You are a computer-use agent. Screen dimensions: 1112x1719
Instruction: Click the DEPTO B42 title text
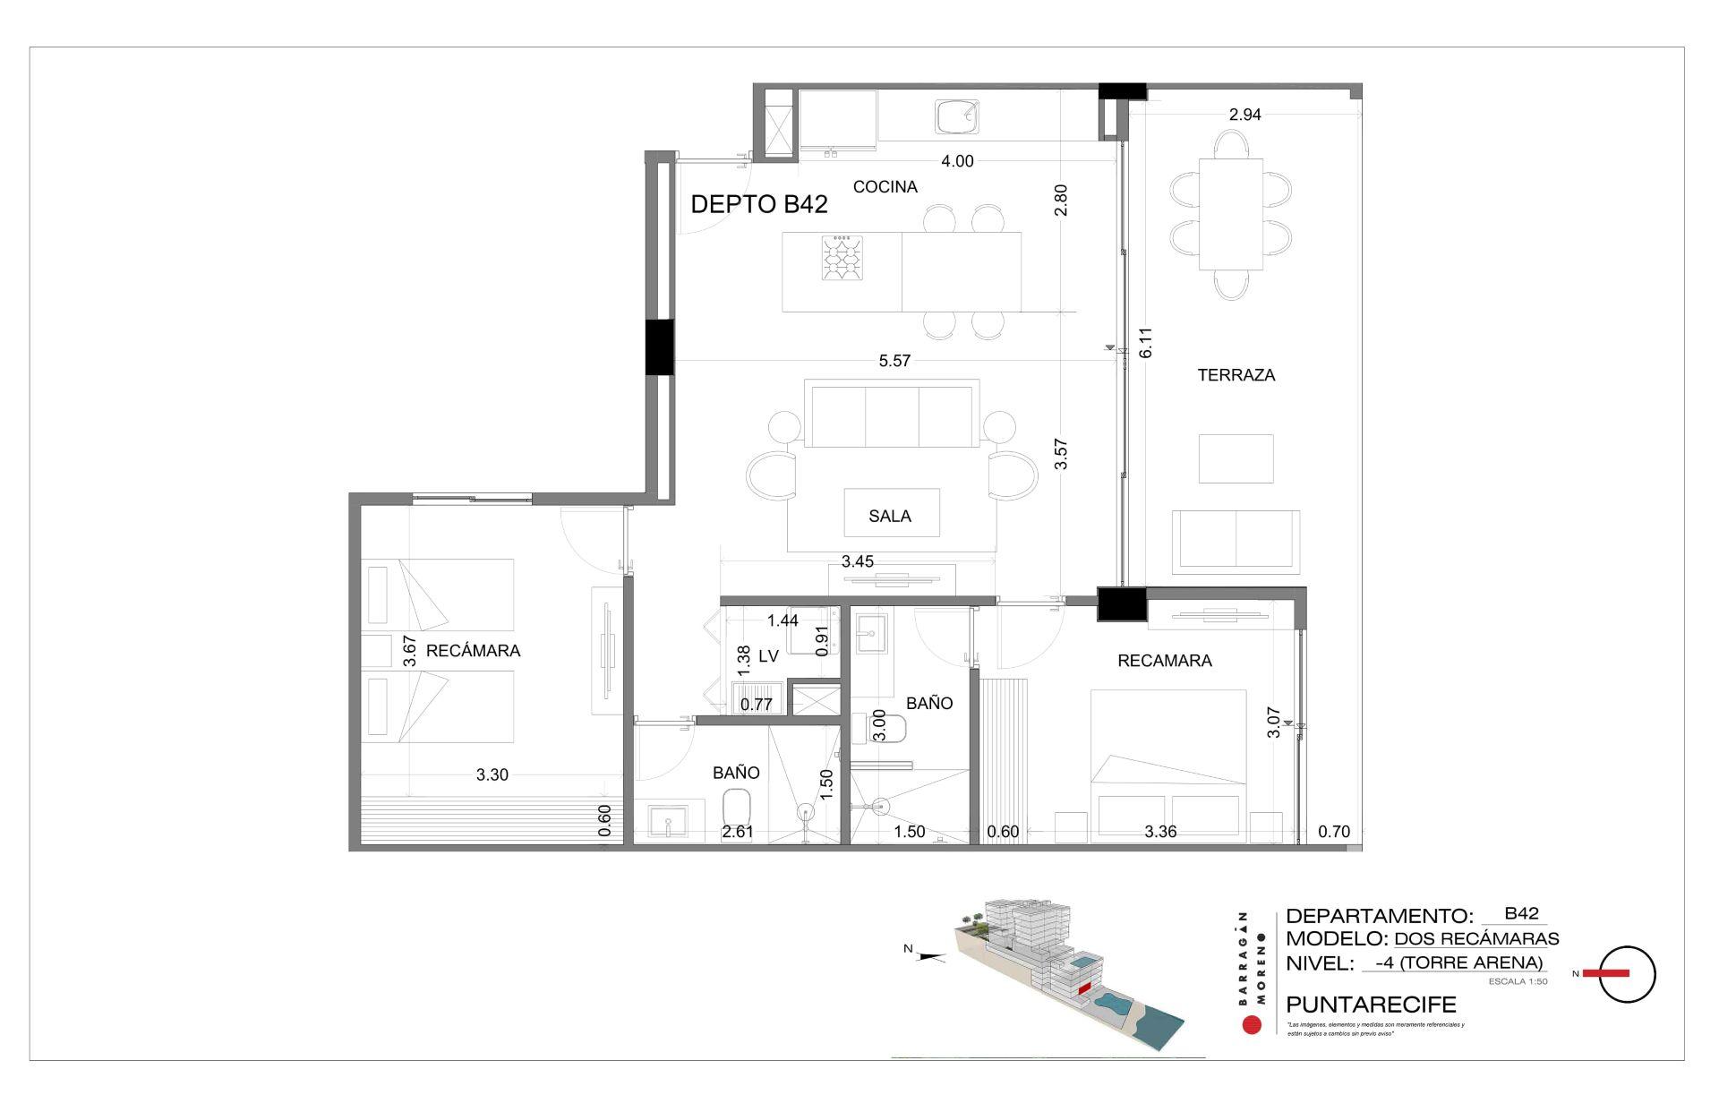coord(758,204)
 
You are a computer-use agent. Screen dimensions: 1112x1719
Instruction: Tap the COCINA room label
coord(885,187)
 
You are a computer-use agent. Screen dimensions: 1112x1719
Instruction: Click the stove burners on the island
coord(842,259)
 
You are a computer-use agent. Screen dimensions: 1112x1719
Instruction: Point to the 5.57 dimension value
coord(894,361)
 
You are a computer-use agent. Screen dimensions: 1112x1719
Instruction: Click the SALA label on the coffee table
coord(890,516)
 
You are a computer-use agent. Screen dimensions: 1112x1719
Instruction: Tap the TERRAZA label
coord(1236,375)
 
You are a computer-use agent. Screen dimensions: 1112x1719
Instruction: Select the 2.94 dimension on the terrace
coord(1244,115)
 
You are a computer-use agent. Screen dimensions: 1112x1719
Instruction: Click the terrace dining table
coord(1231,214)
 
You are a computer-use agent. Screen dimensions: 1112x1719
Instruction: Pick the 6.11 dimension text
coord(1145,342)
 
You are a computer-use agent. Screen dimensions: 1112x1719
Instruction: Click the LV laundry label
coord(768,656)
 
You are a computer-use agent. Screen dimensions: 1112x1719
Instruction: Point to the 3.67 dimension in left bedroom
coord(410,651)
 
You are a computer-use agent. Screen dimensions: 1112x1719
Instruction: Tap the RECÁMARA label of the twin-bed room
coord(473,651)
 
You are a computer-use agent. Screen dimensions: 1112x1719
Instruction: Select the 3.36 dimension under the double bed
coord(1160,832)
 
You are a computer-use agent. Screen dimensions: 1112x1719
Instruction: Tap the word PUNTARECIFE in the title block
coord(1371,1005)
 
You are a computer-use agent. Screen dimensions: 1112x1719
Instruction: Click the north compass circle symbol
coord(1627,973)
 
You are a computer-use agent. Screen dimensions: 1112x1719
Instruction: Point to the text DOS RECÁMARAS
coord(1476,939)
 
